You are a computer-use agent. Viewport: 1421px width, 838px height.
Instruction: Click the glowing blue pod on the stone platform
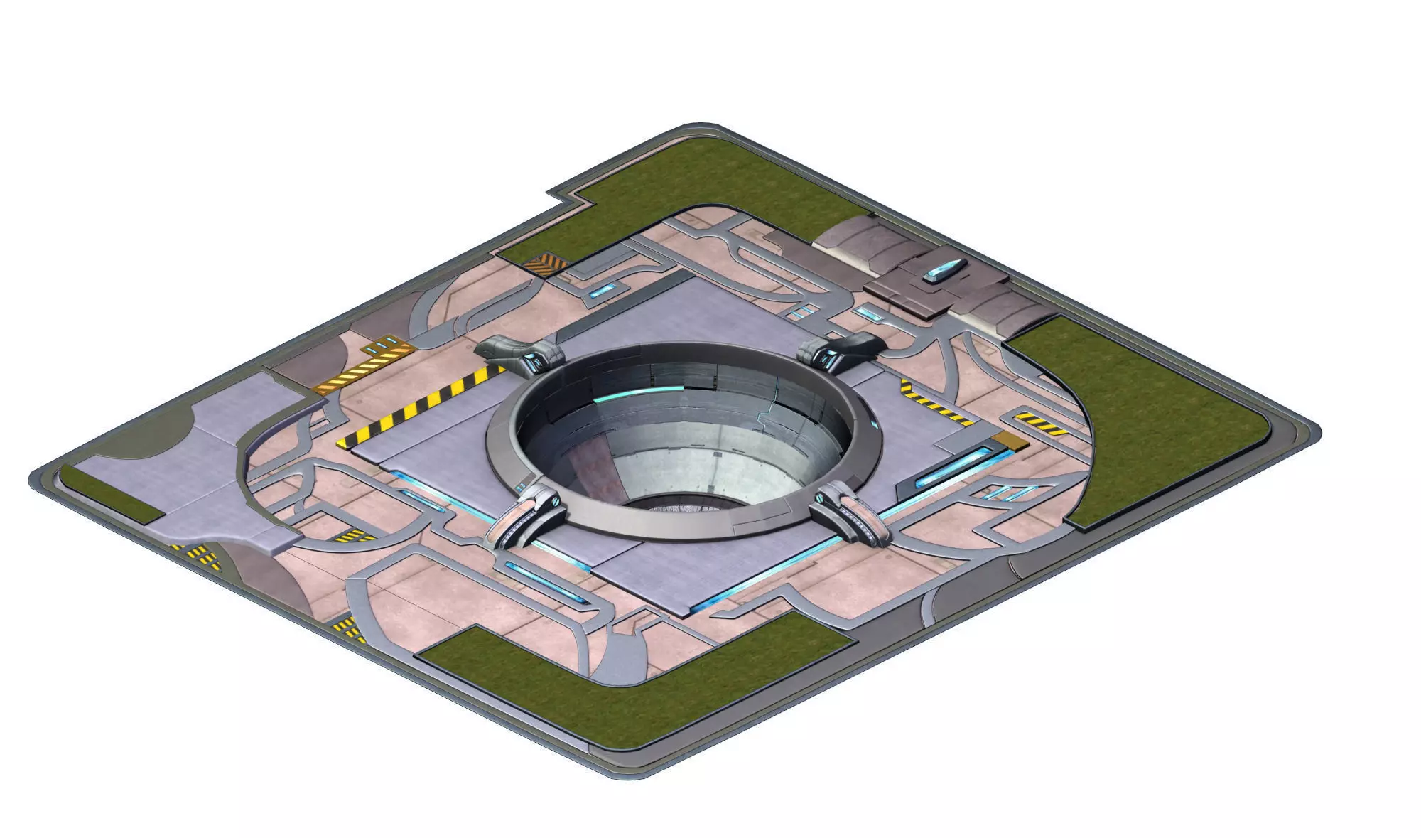(x=944, y=272)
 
